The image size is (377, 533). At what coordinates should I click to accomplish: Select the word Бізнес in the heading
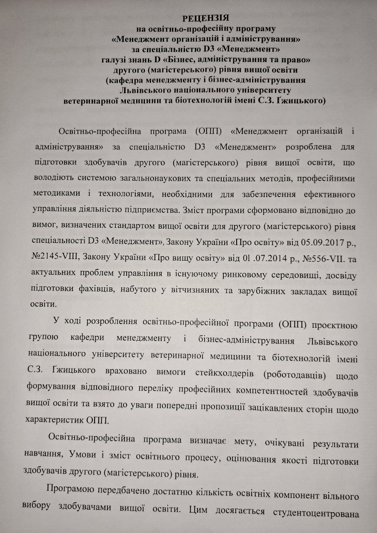(x=172, y=60)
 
